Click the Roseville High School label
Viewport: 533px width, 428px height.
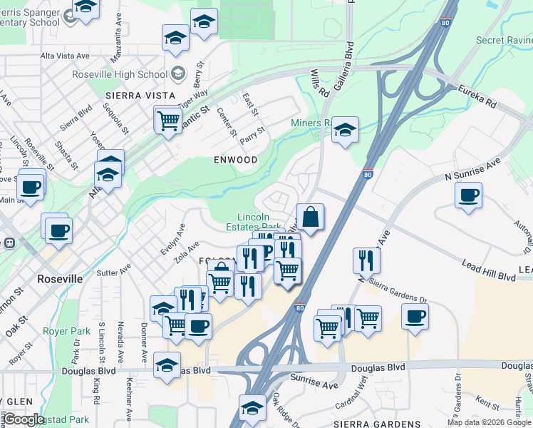[120, 74]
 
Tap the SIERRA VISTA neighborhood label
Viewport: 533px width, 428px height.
[140, 95]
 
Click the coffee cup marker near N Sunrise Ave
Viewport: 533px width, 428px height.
[468, 195]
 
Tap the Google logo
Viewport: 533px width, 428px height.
[24, 419]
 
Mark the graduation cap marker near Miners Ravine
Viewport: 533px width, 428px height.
[345, 130]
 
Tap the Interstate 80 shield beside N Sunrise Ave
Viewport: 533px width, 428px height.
[367, 173]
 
